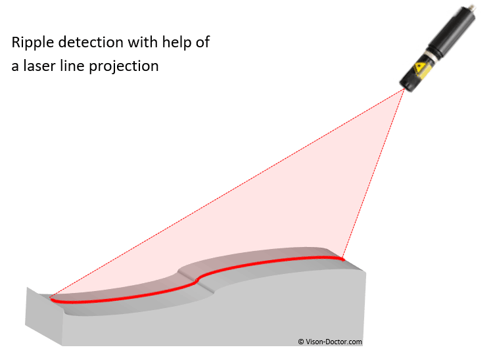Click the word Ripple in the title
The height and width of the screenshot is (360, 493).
[33, 43]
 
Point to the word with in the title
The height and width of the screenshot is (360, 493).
[143, 42]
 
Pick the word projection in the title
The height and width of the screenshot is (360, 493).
[124, 66]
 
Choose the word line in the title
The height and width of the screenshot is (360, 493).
[72, 66]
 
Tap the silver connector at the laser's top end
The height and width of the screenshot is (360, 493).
[471, 7]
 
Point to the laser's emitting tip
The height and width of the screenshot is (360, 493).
[405, 89]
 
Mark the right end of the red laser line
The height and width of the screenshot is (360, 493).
[343, 259]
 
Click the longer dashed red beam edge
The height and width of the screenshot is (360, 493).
[227, 192]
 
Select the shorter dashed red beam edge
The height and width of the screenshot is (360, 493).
[373, 173]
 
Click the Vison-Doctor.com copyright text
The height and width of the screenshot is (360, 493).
[330, 342]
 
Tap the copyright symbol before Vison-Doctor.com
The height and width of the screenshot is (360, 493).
[301, 342]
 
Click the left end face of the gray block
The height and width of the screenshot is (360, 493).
[44, 317]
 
